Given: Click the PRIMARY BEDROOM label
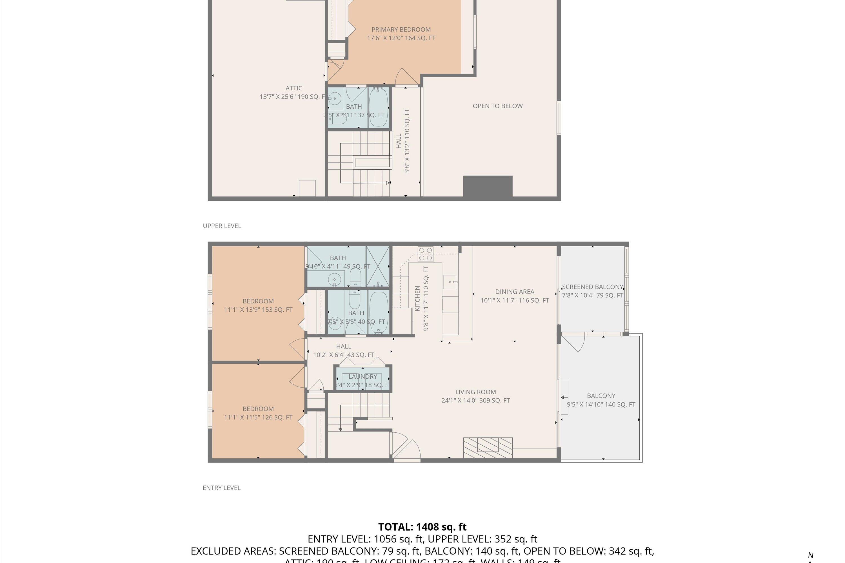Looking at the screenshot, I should (401, 30).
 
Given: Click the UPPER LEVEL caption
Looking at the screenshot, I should (222, 226).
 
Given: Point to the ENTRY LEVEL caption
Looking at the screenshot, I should (221, 488).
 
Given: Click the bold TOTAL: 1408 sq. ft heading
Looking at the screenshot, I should (422, 527).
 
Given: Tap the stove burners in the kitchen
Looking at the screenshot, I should (425, 254).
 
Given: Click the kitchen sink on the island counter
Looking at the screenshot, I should (450, 282).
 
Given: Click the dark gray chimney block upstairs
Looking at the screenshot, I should (488, 186).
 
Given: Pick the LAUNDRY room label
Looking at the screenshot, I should (363, 377).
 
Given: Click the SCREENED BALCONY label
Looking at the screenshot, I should (592, 287).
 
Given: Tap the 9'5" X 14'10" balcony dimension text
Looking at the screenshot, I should (601, 404).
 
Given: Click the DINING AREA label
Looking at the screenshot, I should (515, 292).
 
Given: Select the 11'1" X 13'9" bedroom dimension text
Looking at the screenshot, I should (258, 309).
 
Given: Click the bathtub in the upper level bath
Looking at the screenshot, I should (378, 107).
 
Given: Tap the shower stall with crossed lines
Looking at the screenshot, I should (378, 266).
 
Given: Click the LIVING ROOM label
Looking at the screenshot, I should (475, 392).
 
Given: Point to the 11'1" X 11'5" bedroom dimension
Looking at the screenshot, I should (258, 417).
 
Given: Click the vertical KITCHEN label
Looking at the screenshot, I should (417, 298).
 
